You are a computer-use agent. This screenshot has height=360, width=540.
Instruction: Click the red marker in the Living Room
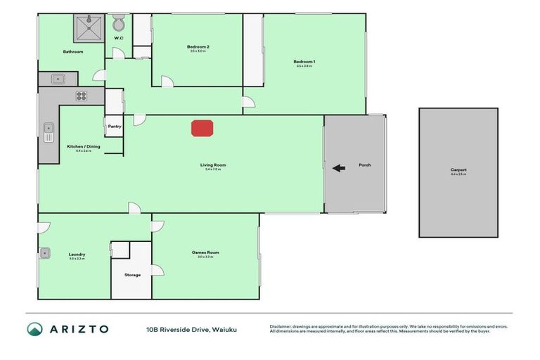pyautogui.click(x=202, y=128)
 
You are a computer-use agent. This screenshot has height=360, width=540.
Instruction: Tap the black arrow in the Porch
pyautogui.click(x=338, y=168)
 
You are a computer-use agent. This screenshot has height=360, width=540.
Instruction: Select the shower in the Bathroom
pyautogui.click(x=89, y=27)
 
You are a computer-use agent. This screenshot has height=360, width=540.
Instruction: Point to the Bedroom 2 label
pyautogui.click(x=198, y=47)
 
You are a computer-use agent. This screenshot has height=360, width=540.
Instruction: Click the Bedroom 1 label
pyautogui.click(x=304, y=62)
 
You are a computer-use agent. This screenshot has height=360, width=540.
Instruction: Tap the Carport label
pyautogui.click(x=458, y=170)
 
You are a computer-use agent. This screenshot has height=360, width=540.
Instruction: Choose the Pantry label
pyautogui.click(x=114, y=127)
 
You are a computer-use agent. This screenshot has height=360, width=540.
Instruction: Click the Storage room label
pyautogui.click(x=132, y=275)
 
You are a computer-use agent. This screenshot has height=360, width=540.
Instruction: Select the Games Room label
pyautogui.click(x=205, y=252)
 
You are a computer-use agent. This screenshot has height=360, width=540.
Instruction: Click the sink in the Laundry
pyautogui.click(x=44, y=252)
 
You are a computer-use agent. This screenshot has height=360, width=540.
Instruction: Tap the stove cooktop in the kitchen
pyautogui.click(x=81, y=96)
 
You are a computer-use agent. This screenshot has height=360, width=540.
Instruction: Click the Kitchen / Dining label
pyautogui.click(x=79, y=147)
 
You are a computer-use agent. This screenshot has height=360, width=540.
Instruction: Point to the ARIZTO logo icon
pyautogui.click(x=35, y=328)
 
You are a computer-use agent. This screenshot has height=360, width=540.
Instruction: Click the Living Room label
pyautogui.click(x=213, y=165)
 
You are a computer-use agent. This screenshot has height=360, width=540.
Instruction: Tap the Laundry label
pyautogui.click(x=77, y=254)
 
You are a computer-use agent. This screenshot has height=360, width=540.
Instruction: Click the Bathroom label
pyautogui.click(x=73, y=51)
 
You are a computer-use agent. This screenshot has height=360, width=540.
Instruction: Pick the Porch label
pyautogui.click(x=364, y=165)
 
